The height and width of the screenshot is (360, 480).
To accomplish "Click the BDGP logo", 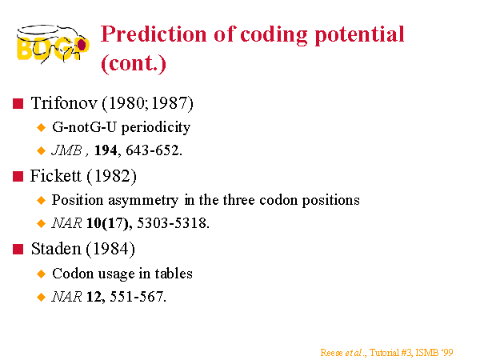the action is pyautogui.click(x=53, y=44).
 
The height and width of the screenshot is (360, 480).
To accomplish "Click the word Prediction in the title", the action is pyautogui.click(x=154, y=34).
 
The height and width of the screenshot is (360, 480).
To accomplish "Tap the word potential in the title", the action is pyautogui.click(x=360, y=35).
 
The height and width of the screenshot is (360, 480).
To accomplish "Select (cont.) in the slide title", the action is pyautogui.click(x=134, y=64).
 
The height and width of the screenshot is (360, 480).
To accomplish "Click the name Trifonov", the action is pyautogui.click(x=64, y=103).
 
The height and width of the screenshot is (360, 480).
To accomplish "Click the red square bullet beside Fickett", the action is pyautogui.click(x=18, y=176).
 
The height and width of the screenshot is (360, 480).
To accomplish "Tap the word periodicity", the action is pyautogui.click(x=156, y=127).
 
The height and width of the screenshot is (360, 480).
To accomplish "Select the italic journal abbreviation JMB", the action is pyautogui.click(x=66, y=150).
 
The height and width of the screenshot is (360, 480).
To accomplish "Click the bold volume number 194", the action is pyautogui.click(x=106, y=150).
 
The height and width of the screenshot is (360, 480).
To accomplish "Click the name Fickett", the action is pyautogui.click(x=56, y=176).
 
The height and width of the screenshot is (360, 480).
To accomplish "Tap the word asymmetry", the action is pyautogui.click(x=143, y=201).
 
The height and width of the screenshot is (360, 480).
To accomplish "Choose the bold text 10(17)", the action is pyautogui.click(x=107, y=223).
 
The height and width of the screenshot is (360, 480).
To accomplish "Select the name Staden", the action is pyautogui.click(x=56, y=249).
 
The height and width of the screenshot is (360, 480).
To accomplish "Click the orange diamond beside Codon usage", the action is pyautogui.click(x=41, y=274).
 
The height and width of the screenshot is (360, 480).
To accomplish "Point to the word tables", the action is pyautogui.click(x=174, y=274).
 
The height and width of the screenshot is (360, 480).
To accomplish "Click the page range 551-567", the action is pyautogui.click(x=137, y=297).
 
